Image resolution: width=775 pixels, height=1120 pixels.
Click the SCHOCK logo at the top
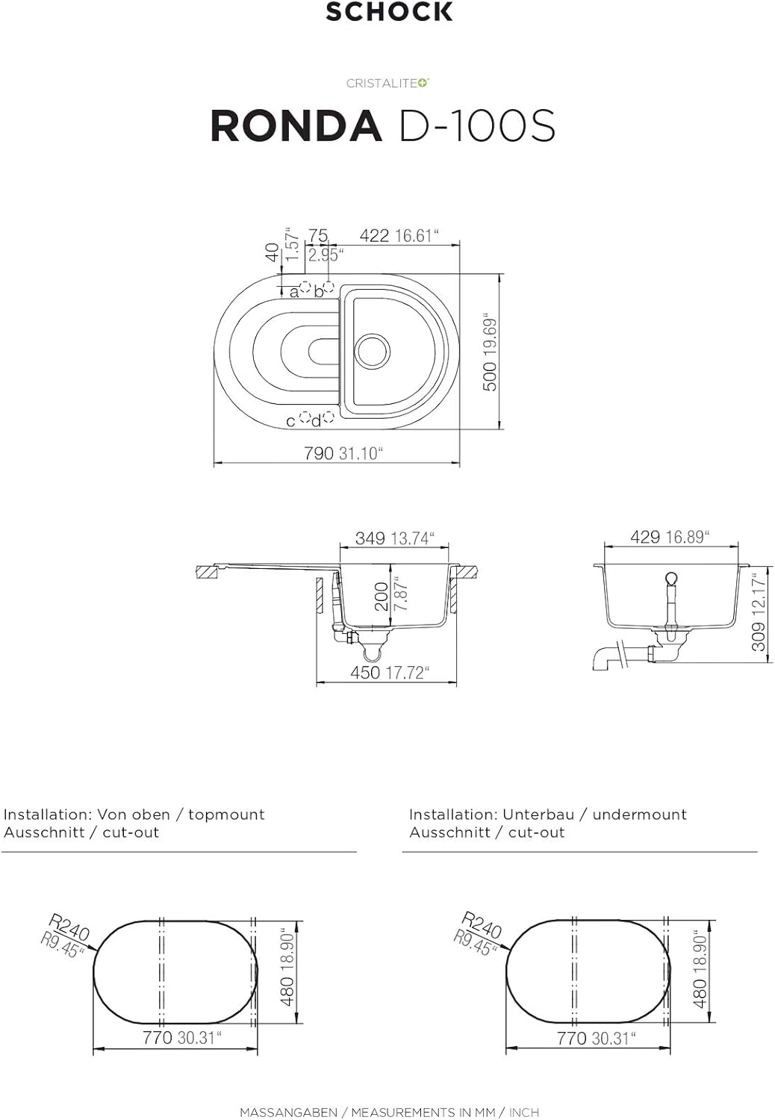(389, 12)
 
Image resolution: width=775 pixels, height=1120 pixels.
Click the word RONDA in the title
(296, 126)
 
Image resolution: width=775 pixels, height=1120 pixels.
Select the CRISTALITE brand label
(387, 84)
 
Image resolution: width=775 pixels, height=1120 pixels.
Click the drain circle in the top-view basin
(372, 349)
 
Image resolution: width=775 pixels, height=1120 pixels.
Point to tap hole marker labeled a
(305, 288)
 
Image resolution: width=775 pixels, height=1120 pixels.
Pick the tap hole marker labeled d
(328, 417)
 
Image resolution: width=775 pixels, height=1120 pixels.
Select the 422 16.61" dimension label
(399, 235)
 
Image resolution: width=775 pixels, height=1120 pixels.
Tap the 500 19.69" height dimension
(490, 352)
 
